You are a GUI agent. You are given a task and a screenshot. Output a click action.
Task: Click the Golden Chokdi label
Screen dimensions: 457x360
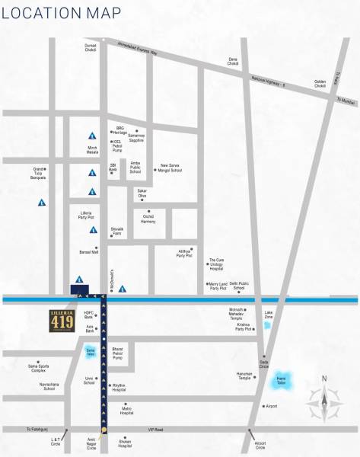(320, 85)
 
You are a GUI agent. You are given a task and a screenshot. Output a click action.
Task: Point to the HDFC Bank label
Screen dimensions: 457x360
(88, 314)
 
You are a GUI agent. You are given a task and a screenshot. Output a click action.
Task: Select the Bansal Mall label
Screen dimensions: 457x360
(89, 251)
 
